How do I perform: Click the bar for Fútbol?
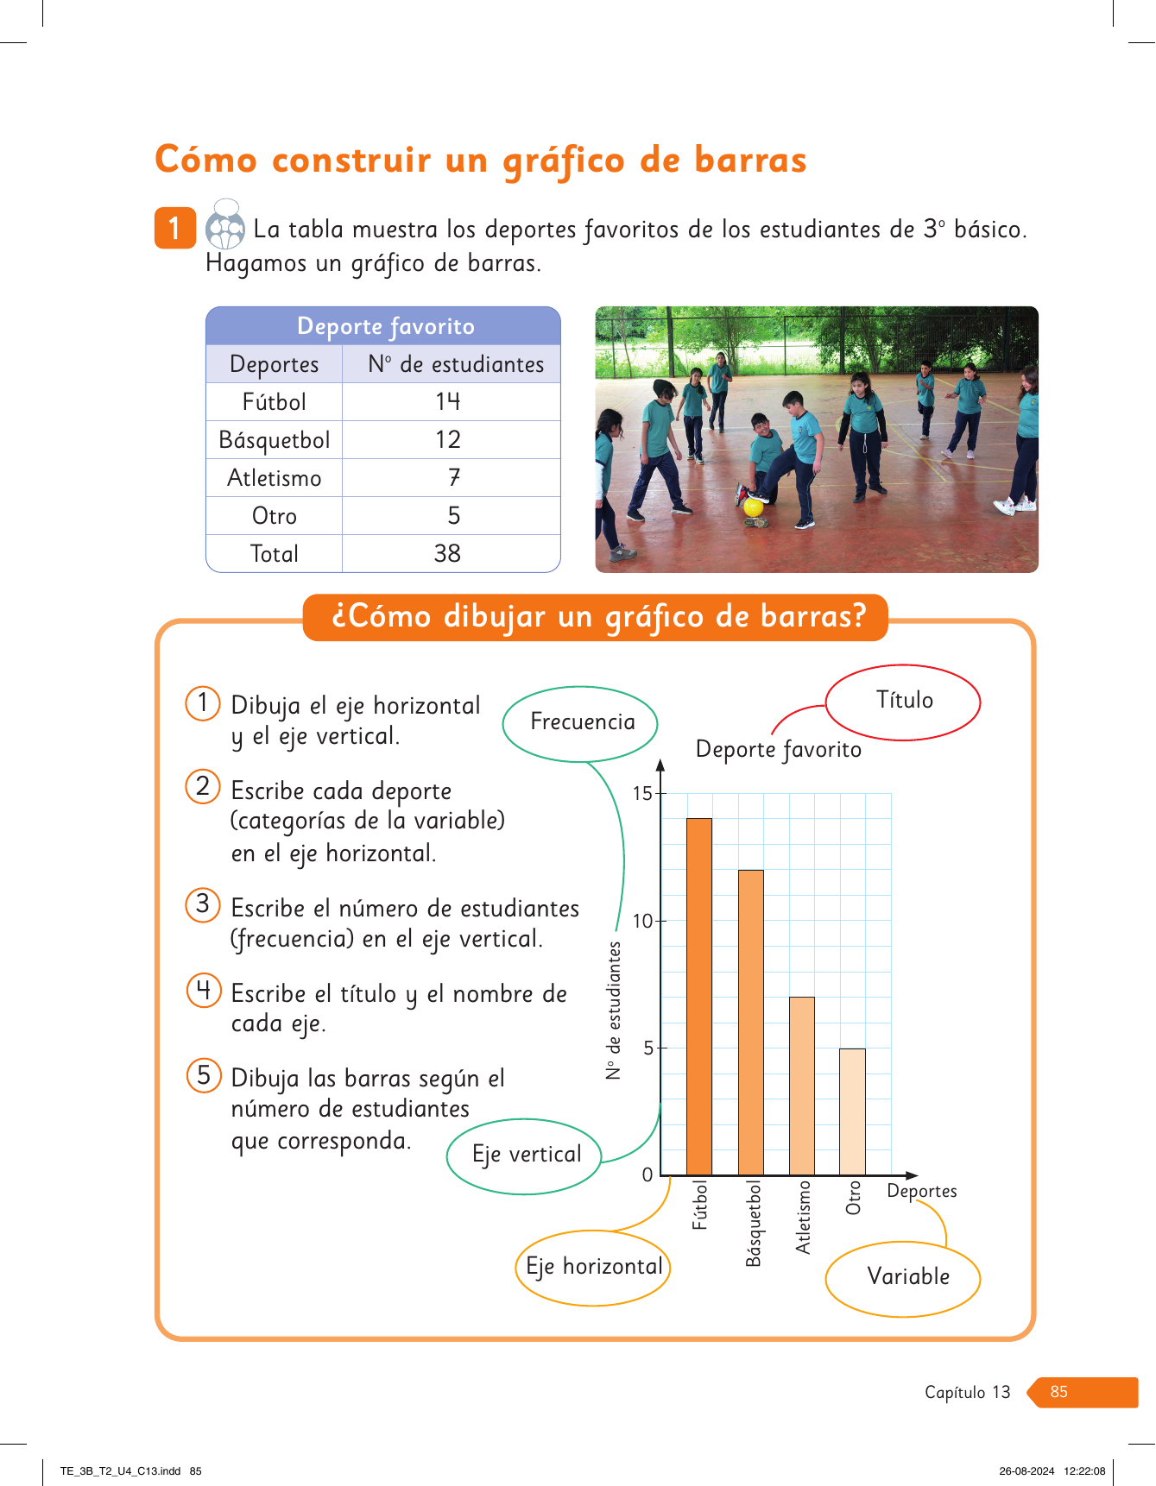pyautogui.click(x=699, y=996)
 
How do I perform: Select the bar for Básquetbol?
pyautogui.click(x=751, y=1022)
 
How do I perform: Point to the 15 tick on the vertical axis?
pyautogui.click(x=643, y=793)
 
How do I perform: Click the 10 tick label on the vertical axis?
pyautogui.click(x=643, y=921)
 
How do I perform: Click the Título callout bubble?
pyautogui.click(x=903, y=701)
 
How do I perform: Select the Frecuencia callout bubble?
pyautogui.click(x=581, y=723)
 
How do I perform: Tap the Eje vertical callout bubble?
pyautogui.click(x=525, y=1155)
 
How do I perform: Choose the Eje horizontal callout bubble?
pyautogui.click(x=594, y=1267)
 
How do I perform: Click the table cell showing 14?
pyautogui.click(x=448, y=401)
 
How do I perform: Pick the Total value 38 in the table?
pyautogui.click(x=447, y=553)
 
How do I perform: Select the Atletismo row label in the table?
pyautogui.click(x=275, y=478)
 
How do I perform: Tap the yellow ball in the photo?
pyautogui.click(x=754, y=507)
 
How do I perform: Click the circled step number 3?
pyautogui.click(x=203, y=904)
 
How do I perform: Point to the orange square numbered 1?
pyautogui.click(x=175, y=228)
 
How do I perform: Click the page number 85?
pyautogui.click(x=1059, y=1392)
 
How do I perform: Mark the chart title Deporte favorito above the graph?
pyautogui.click(x=778, y=749)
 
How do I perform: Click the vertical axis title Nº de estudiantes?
pyautogui.click(x=614, y=1011)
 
